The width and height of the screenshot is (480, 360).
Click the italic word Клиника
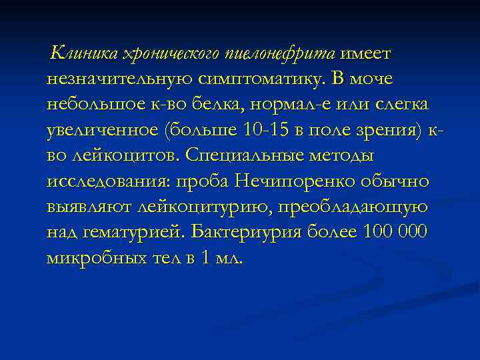click(79, 53)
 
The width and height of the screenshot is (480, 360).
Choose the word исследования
click(109, 181)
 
